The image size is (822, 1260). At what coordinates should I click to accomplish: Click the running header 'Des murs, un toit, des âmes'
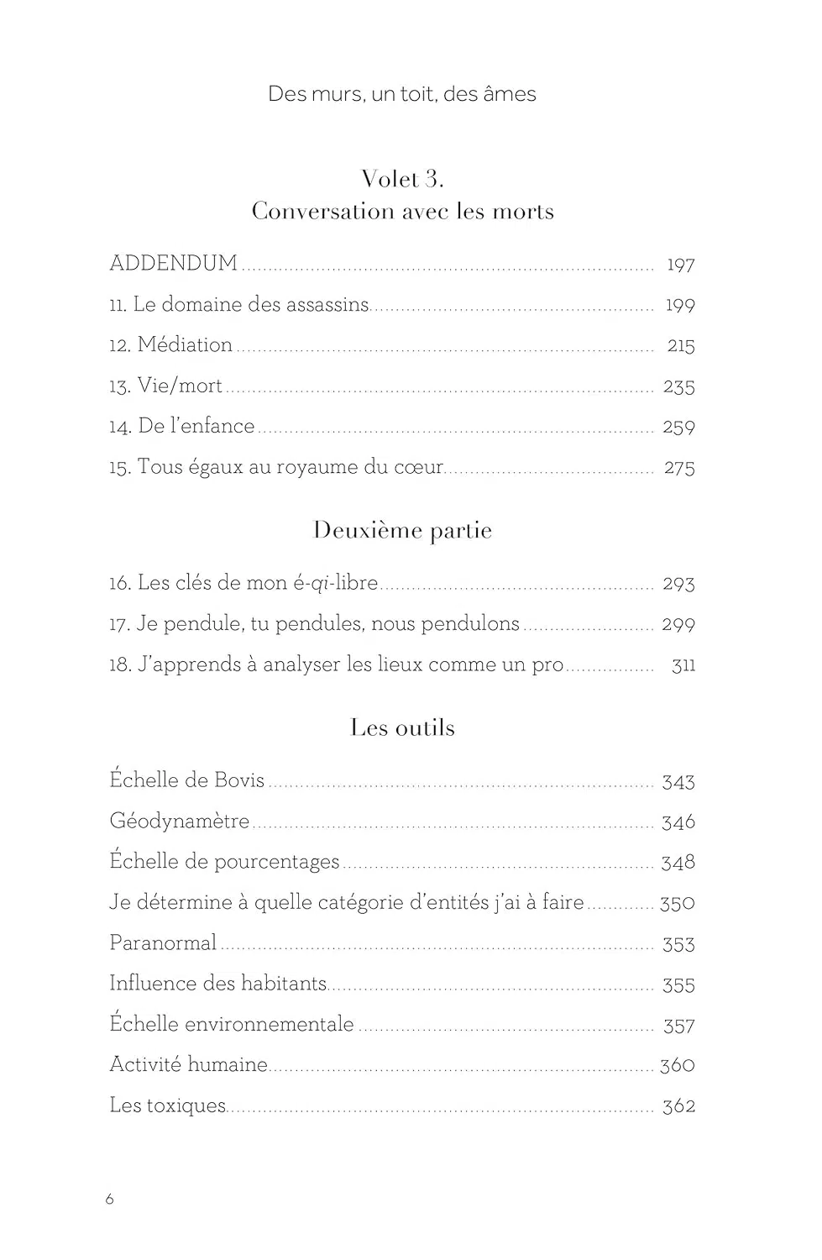401,94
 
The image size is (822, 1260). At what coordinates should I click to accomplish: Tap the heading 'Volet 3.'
402,179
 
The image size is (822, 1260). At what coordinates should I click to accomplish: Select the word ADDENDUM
174,263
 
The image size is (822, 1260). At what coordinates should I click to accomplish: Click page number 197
680,265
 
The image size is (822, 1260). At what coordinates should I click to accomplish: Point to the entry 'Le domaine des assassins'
251,304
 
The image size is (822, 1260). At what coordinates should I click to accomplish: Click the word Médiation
185,344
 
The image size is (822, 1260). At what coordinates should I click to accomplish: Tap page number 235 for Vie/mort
678,386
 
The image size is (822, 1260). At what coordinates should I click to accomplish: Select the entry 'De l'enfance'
196,426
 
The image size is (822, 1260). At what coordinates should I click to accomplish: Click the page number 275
678,468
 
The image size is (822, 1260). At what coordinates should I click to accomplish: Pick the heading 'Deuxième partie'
402,531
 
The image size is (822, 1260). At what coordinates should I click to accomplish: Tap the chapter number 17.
118,624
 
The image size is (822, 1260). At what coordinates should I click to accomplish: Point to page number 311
683,665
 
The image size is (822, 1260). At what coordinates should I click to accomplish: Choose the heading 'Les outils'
402,727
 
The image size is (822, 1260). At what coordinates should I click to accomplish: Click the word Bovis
239,780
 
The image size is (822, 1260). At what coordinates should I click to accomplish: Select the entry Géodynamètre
179,821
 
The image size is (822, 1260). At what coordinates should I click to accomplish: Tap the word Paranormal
163,942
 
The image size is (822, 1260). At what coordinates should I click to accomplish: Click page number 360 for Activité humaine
677,1065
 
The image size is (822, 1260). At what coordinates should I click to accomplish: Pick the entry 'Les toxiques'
168,1105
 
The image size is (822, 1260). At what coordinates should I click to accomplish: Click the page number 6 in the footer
109,1200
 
